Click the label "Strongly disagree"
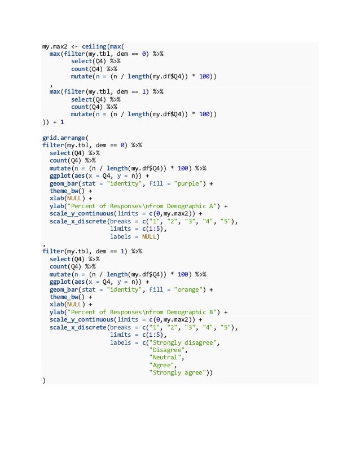pyautogui.click(x=185, y=342)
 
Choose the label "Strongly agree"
pyautogui.click(x=180, y=373)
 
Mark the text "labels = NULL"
pyautogui.click(x=134, y=236)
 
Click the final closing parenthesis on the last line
pyautogui.click(x=44, y=380)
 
